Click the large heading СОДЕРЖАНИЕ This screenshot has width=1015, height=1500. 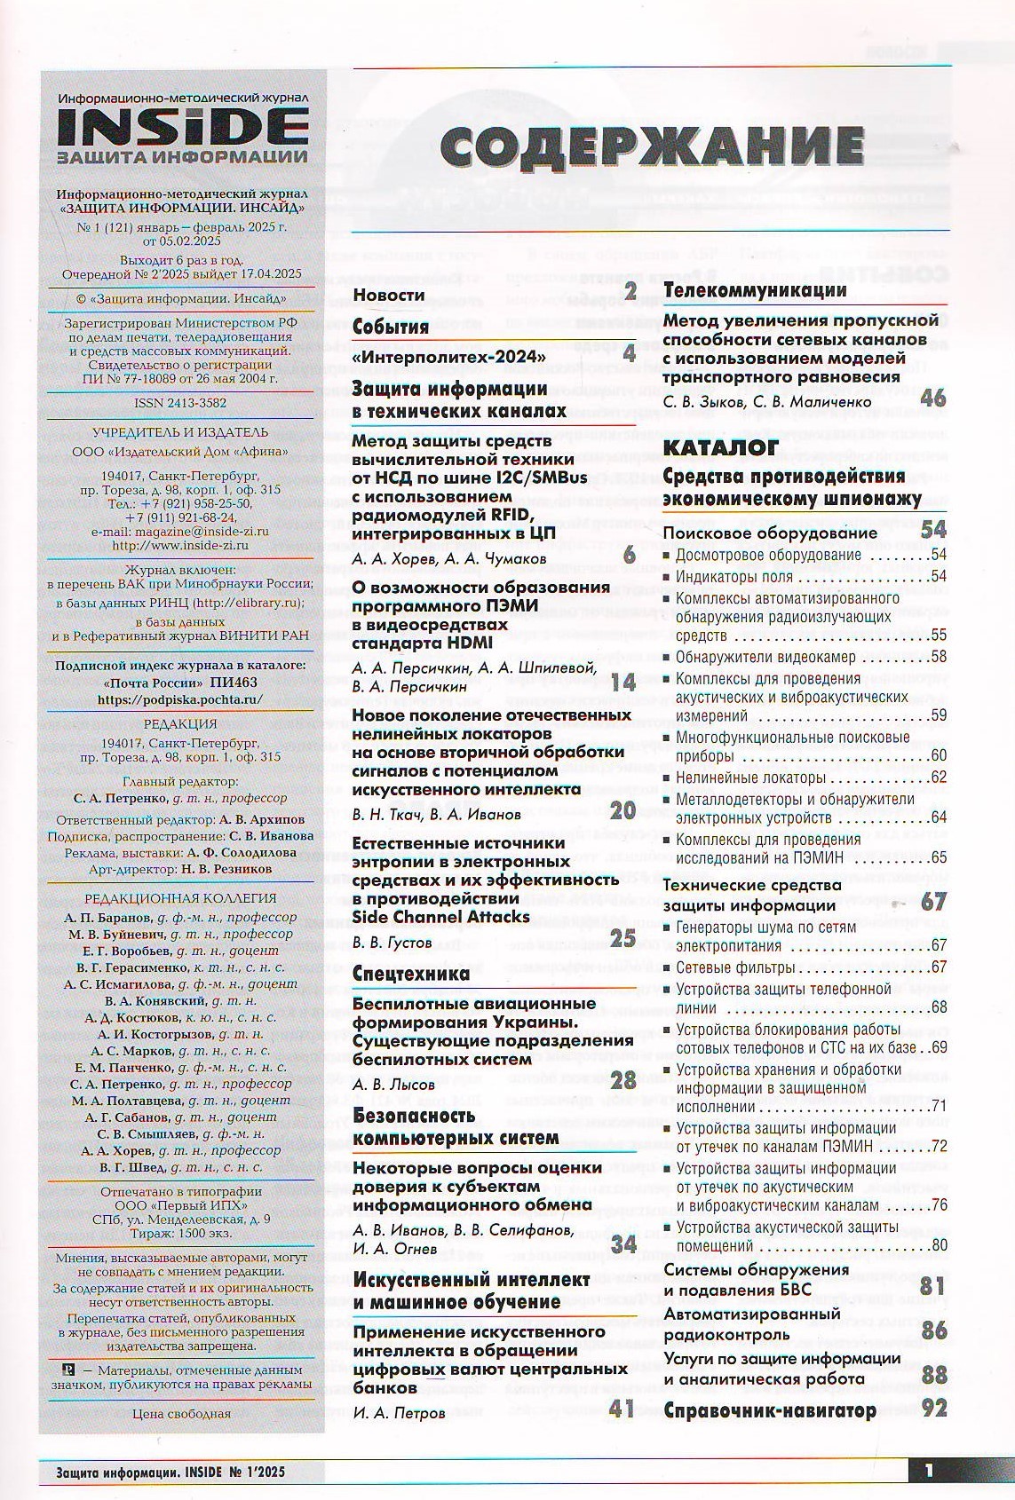tap(652, 146)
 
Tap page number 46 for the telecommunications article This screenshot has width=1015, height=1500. tap(933, 397)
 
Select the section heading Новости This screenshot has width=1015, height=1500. tap(389, 295)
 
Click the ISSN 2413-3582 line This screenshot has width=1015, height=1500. tap(179, 402)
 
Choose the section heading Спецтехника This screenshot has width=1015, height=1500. tap(411, 974)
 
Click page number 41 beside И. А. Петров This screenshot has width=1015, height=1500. tap(622, 1408)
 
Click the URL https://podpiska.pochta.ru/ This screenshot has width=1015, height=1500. tap(180, 699)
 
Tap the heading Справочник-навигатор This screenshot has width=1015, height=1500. tap(770, 1410)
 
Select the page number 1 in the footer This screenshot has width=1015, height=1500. tap(929, 1471)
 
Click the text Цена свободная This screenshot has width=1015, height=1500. tap(180, 1414)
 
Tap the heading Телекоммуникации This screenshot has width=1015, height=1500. tap(755, 290)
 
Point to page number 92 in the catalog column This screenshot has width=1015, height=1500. tap(933, 1409)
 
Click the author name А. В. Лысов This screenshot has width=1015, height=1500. tap(394, 1084)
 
